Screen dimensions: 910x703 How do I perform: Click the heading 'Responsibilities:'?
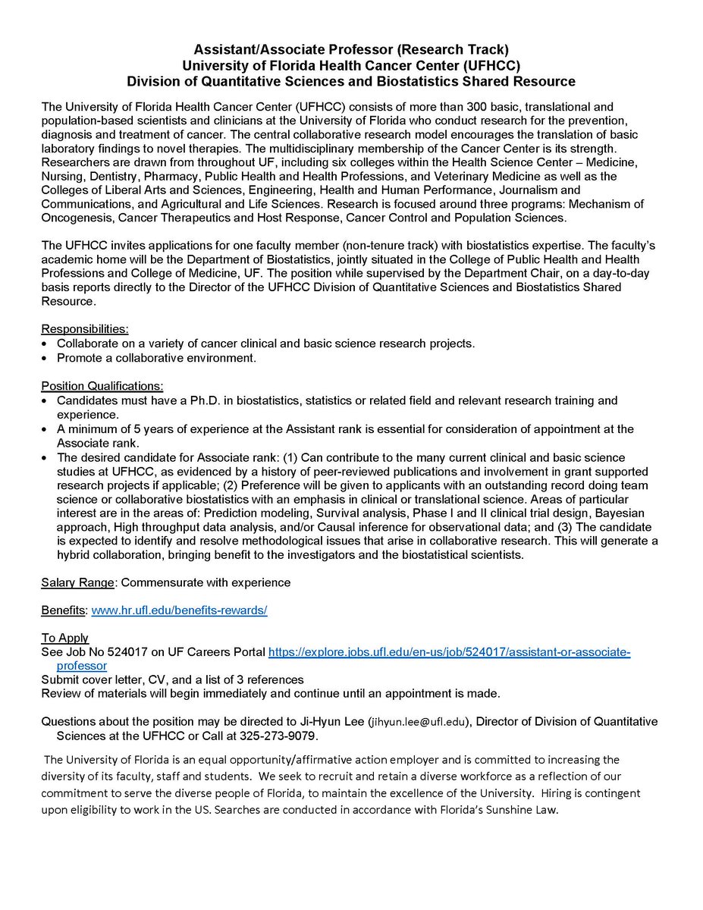[85, 329]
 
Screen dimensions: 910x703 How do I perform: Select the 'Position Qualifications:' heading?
[102, 386]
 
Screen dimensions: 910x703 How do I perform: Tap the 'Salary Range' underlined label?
[79, 582]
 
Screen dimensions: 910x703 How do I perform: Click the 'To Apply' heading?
[65, 638]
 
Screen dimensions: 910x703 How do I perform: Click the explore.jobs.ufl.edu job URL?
[450, 652]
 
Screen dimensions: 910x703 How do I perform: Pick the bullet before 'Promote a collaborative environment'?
[46, 358]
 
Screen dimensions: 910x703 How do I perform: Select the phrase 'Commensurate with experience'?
[206, 582]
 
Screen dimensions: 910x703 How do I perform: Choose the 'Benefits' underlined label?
[64, 610]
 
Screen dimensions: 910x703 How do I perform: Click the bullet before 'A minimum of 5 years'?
[46, 429]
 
